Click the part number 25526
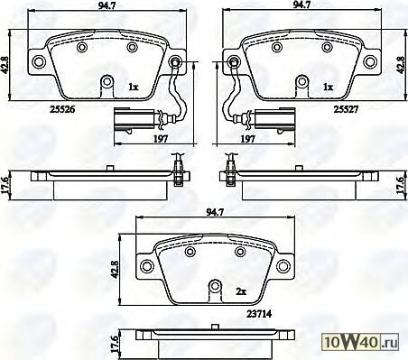click(x=62, y=109)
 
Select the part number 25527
click(x=346, y=109)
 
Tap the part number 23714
click(x=259, y=314)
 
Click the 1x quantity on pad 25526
click(x=133, y=88)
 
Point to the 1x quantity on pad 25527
click(x=329, y=88)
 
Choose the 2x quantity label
click(x=241, y=291)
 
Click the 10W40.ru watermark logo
click(x=360, y=342)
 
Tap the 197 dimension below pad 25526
click(x=161, y=139)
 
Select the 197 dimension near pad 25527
click(x=247, y=139)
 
